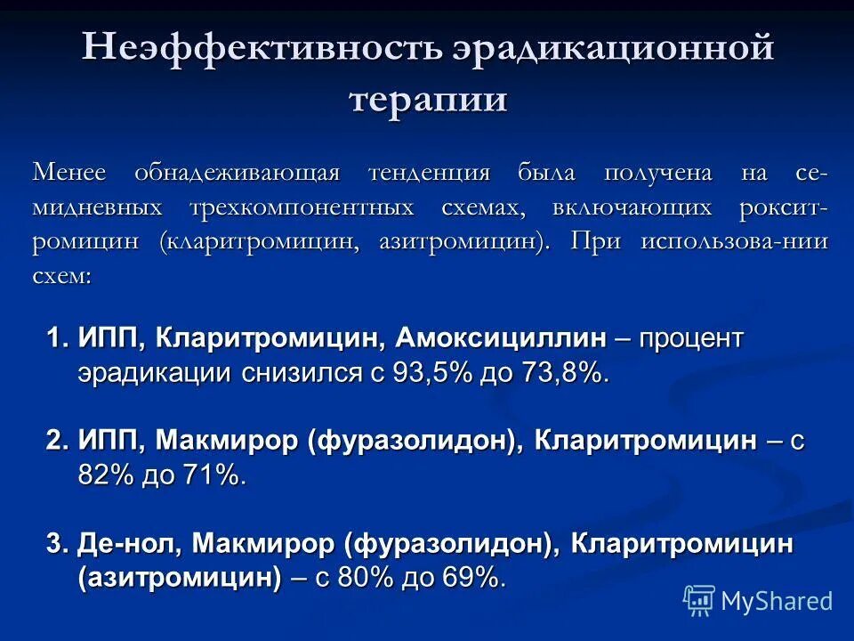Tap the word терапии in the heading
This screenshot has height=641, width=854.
[x=428, y=98]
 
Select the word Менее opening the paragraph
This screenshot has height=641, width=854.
[x=69, y=172]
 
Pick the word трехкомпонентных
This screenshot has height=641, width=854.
[x=302, y=207]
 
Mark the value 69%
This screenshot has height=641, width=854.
[x=472, y=578]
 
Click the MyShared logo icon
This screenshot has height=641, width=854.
[x=699, y=601]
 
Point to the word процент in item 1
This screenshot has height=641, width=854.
[x=690, y=338]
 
